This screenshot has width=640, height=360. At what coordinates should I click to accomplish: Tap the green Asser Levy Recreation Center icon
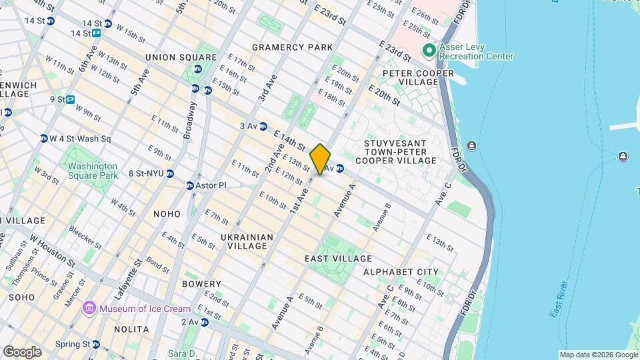[x=429, y=50]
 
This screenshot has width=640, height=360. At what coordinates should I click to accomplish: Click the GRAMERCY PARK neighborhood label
[x=292, y=47]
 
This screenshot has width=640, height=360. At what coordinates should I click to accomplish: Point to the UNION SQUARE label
[x=171, y=57]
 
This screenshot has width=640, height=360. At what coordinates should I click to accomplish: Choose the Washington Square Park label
[x=92, y=170]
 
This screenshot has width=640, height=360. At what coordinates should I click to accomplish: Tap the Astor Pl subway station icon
[x=189, y=185]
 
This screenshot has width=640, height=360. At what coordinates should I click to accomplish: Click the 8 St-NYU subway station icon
[x=171, y=173]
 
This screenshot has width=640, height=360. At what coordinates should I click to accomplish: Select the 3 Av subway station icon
[x=263, y=126]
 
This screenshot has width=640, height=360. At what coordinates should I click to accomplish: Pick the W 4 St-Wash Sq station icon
[x=44, y=139]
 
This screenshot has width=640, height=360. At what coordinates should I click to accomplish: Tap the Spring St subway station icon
[x=96, y=345]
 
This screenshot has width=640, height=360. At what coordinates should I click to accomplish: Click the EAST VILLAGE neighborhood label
[x=338, y=259]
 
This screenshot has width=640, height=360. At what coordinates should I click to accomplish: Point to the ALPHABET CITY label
[x=401, y=272]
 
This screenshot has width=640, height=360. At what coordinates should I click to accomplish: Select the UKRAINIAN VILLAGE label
[x=247, y=241]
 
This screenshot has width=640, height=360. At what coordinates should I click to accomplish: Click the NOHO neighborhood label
[x=167, y=214]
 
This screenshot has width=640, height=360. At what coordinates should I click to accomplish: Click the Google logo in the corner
[x=22, y=351]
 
